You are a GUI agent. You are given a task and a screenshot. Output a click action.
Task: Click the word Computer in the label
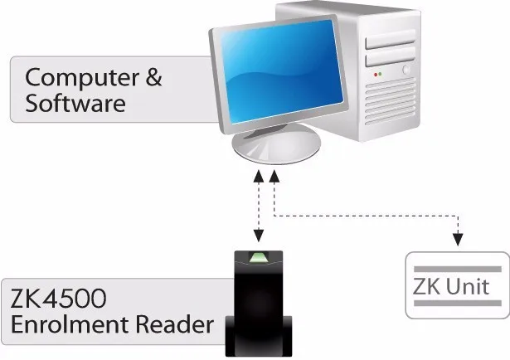tap(80, 78)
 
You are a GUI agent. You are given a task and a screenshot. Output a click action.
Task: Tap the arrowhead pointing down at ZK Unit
tap(455, 241)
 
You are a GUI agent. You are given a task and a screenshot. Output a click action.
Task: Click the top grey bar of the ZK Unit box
tap(457, 269)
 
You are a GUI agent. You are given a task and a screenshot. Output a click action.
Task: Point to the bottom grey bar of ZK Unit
tap(457, 305)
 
